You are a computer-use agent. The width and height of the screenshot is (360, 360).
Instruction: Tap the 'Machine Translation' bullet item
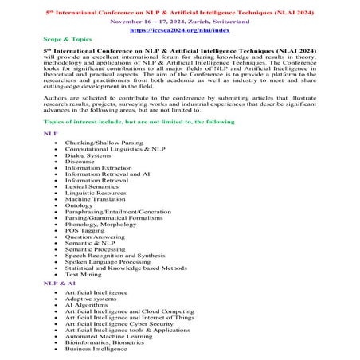[x=96, y=198]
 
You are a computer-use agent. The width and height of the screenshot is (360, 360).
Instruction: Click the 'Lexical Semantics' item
[x=93, y=184]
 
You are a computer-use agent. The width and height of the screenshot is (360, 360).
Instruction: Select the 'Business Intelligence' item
[x=98, y=348]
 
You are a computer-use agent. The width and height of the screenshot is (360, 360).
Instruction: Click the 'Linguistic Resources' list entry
[x=96, y=191]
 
